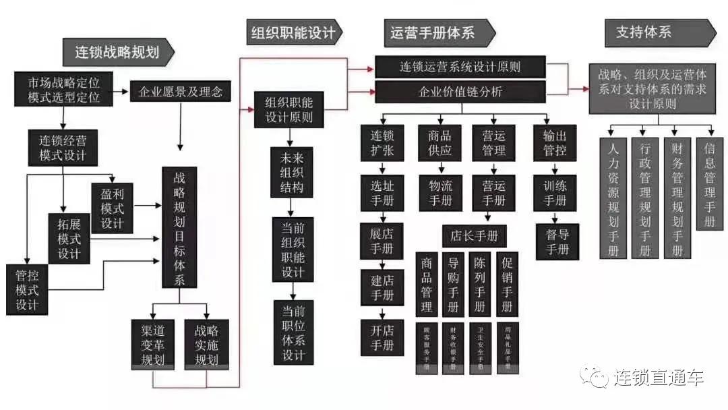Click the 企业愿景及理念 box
(x=180, y=90)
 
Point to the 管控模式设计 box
(x=27, y=289)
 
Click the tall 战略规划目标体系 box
(x=179, y=227)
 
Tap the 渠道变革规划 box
(x=152, y=344)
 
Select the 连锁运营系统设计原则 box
(x=460, y=67)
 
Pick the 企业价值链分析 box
(x=460, y=92)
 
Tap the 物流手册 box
(x=440, y=192)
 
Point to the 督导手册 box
(x=557, y=241)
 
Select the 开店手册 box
(x=382, y=337)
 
